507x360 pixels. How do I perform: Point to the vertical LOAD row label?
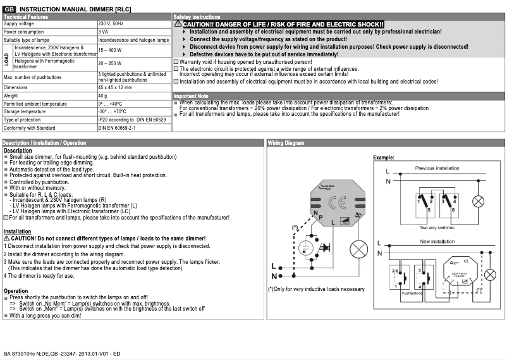[6, 59]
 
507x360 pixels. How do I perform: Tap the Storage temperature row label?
[25, 111]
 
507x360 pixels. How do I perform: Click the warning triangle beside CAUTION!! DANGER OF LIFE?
[178, 23]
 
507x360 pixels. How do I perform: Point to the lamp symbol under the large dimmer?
[358, 248]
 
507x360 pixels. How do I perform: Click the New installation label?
[437, 242]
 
